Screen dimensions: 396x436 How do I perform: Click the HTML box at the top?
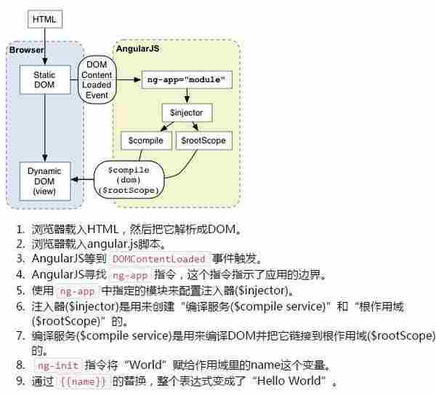[x=44, y=18]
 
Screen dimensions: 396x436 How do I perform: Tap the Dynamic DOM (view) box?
[x=44, y=181]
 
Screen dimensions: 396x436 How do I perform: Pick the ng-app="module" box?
[x=186, y=79]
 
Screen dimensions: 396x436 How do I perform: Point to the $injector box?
[x=186, y=113]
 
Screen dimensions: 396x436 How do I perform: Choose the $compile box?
[x=145, y=140]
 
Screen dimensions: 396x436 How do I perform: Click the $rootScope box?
[x=203, y=140]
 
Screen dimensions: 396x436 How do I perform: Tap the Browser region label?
[x=27, y=49]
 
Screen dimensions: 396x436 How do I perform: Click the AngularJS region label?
[x=138, y=49]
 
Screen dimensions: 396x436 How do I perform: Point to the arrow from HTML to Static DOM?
[x=44, y=45]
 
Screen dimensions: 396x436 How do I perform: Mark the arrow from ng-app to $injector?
[x=187, y=95]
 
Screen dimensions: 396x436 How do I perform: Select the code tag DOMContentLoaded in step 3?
[x=159, y=258]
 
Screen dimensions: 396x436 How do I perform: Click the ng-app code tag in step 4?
[x=130, y=274]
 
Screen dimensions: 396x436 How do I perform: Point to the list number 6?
[x=20, y=306]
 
